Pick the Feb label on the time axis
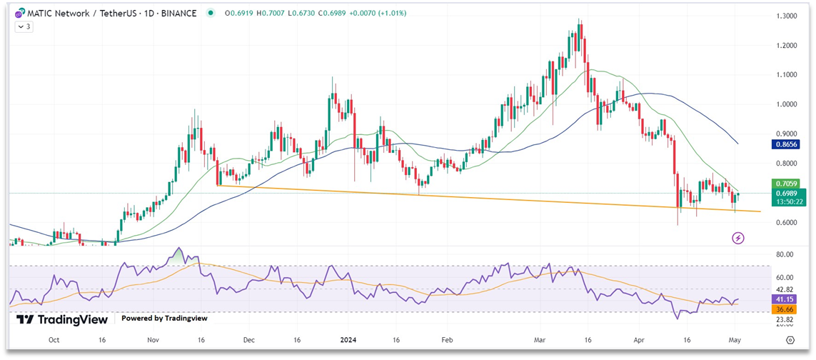click(447, 341)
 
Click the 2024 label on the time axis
click(348, 341)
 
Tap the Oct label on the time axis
click(54, 341)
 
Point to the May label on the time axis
click(735, 341)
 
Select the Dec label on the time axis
click(248, 341)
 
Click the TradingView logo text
click(62, 319)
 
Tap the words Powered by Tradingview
click(163, 319)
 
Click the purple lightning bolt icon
click(738, 238)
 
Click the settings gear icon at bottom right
click(790, 341)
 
